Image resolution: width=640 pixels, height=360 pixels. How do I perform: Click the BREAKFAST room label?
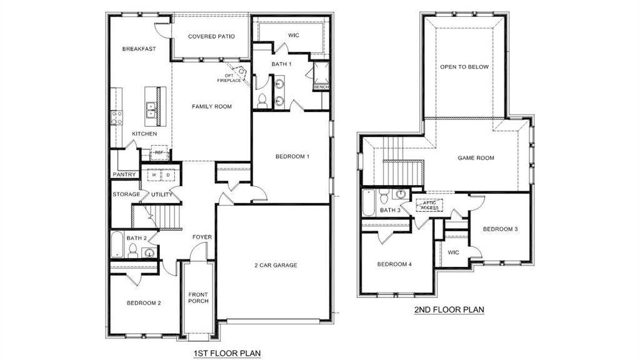pos(139,49)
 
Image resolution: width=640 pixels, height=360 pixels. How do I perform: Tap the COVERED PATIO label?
pos(211,36)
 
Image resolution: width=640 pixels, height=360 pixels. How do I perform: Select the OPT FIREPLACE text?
pos(229,77)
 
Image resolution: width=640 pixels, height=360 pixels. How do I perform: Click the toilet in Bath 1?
pos(262,100)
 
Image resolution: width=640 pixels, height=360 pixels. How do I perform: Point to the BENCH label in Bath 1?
pos(321,87)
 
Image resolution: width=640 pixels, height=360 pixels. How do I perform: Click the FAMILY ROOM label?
pos(211,106)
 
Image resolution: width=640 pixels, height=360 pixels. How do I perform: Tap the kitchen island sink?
pos(151,110)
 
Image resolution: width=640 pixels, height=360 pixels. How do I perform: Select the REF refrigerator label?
pos(159,152)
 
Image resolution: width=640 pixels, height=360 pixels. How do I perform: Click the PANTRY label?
pos(124,174)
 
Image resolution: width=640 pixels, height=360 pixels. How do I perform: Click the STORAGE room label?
pos(126,194)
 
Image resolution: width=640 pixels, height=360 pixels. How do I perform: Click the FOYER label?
pos(202,237)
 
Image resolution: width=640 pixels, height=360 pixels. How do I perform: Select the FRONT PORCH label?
pos(198,298)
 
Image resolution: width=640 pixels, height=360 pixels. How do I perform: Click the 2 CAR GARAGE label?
pos(276,265)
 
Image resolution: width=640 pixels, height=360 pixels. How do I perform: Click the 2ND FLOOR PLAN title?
pos(449,309)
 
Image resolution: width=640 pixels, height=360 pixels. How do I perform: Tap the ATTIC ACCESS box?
pos(429,204)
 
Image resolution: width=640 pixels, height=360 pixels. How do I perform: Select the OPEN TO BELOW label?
pos(464,67)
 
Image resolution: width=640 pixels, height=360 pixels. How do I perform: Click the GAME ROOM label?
pos(476,158)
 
